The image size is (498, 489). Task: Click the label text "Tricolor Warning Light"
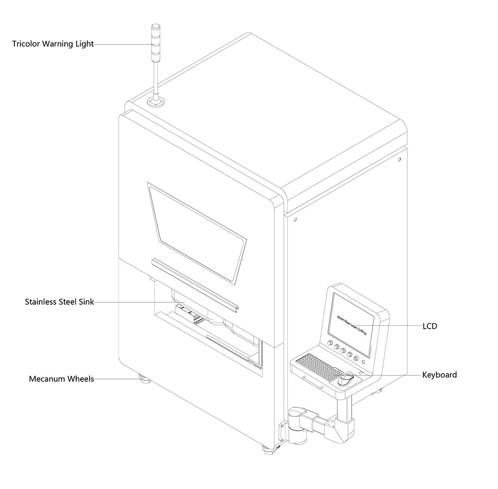[53, 44]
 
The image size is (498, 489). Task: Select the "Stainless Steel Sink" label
[60, 302]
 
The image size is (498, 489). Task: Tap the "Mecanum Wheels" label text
[61, 379]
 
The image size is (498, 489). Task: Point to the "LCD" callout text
[430, 326]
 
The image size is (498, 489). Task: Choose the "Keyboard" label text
[439, 374]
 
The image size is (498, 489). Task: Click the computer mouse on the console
[346, 380]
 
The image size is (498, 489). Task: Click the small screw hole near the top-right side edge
[399, 160]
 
